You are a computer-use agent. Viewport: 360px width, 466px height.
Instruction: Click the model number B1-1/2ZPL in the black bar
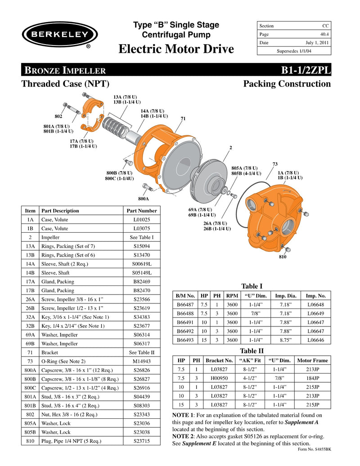(x=306, y=70)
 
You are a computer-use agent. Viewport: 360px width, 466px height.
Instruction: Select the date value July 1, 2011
(x=317, y=43)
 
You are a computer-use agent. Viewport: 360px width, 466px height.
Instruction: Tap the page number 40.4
(x=324, y=34)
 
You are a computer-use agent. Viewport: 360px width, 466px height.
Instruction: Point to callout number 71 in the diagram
(x=183, y=118)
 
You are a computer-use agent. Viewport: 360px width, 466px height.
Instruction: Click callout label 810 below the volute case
(x=283, y=258)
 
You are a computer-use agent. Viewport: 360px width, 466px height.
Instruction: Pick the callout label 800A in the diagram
(x=144, y=198)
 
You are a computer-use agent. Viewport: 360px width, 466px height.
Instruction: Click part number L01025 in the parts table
(x=142, y=219)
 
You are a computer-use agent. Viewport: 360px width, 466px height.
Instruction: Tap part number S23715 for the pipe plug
(x=142, y=441)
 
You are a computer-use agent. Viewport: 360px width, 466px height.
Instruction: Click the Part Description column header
(x=60, y=210)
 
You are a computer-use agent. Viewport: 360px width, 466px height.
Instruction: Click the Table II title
(x=252, y=351)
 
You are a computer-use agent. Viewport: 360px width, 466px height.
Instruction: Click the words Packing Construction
(x=287, y=84)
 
